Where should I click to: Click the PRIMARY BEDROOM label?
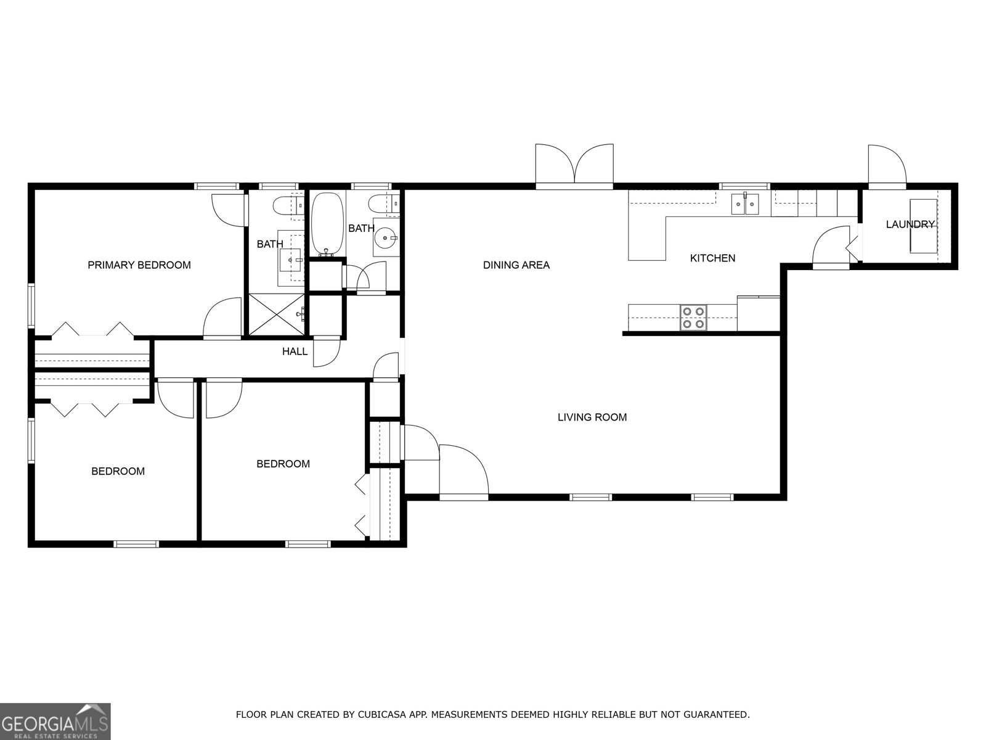pos(139,265)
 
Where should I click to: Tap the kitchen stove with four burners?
pos(693,318)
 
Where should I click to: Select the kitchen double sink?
pos(746,204)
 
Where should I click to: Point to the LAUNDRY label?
pos(910,224)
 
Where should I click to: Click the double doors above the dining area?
pos(574,165)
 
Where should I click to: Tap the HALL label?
pos(295,351)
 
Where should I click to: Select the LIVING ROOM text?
pos(592,417)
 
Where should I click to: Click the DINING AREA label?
pos(516,265)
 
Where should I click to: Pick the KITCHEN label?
pos(712,258)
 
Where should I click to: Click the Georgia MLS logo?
pos(55,721)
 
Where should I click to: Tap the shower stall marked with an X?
pos(276,315)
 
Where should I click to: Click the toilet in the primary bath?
pos(287,205)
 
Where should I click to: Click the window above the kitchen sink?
pos(744,186)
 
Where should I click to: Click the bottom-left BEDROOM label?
pos(118,472)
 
